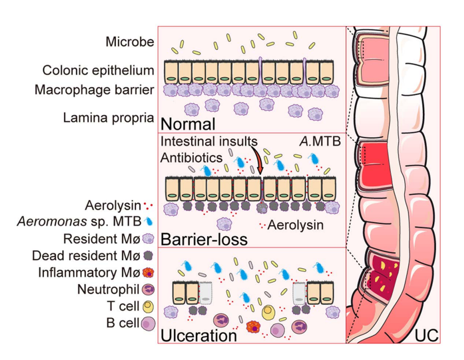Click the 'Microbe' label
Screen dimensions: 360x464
[129, 42]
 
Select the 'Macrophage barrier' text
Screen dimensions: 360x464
[94, 90]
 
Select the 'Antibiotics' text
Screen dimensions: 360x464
[190, 156]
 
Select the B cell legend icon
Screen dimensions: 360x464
[148, 323]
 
